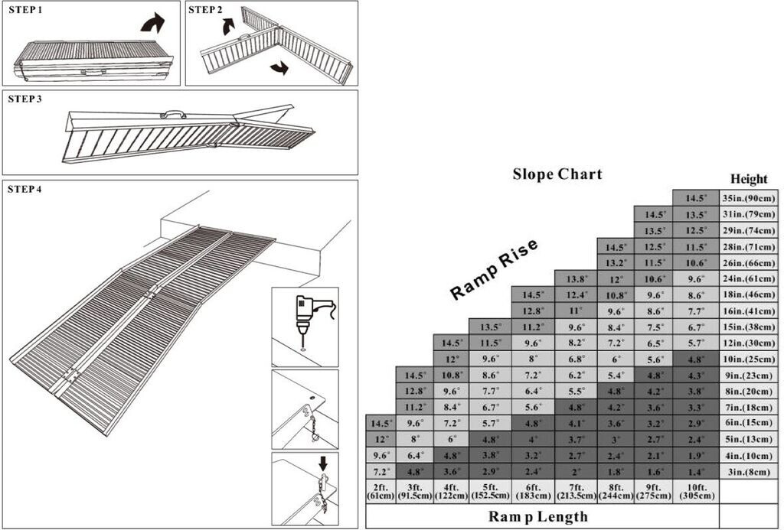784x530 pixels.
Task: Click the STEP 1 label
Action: [25, 9]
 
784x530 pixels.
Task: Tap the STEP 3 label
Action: [25, 99]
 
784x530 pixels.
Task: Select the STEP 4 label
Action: [25, 190]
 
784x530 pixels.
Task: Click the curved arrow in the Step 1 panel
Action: [152, 23]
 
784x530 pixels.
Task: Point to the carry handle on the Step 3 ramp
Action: [169, 114]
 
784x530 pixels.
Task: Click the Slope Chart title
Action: [557, 174]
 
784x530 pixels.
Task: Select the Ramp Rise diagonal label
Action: [494, 269]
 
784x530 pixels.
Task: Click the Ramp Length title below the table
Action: [538, 516]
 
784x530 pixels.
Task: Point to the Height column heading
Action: [749, 179]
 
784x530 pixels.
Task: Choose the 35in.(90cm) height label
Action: [749, 198]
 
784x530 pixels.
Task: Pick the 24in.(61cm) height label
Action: [749, 278]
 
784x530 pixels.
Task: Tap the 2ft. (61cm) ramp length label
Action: [381, 492]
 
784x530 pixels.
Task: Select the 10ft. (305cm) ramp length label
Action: [696, 492]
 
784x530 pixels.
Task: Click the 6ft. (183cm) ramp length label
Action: [533, 492]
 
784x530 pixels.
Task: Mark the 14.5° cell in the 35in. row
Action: [696, 198]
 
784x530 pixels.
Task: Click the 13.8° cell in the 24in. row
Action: [576, 278]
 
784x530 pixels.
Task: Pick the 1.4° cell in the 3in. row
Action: [696, 472]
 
